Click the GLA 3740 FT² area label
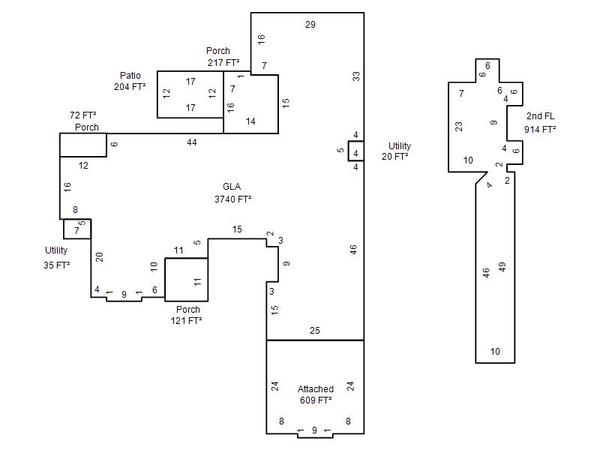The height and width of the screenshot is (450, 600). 232,193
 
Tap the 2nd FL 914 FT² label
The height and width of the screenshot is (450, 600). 540,123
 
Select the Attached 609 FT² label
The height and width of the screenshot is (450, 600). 316,394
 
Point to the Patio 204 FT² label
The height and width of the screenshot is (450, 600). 130,81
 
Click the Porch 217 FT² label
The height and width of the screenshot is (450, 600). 223,57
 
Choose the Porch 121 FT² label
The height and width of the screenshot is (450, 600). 187,315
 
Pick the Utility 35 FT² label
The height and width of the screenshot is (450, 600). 57,257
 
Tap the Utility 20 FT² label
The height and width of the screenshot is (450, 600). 396,151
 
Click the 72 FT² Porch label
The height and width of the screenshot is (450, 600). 84,121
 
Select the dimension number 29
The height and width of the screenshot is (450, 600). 310,25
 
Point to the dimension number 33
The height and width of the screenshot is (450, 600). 355,76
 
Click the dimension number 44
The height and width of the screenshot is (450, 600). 192,142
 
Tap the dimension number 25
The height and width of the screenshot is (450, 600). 314,331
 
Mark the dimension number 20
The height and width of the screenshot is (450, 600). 100,256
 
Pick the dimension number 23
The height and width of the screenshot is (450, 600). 458,126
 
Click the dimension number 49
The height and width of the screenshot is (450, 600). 502,267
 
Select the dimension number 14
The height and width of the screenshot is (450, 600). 250,121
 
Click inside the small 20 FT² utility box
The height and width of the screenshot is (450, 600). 355,151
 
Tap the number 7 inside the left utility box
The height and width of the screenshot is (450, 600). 76,231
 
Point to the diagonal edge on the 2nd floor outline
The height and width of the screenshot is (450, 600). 481,178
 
